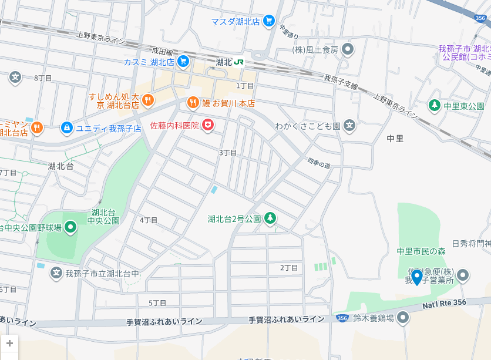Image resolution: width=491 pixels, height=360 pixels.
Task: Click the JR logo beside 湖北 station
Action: pyautogui.click(x=239, y=62)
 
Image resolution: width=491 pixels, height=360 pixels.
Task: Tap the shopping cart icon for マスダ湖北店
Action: pyautogui.click(x=269, y=21)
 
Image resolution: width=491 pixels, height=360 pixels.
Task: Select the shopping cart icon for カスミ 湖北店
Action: pyautogui.click(x=183, y=60)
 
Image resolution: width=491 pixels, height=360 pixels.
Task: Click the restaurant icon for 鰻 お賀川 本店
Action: pyautogui.click(x=193, y=103)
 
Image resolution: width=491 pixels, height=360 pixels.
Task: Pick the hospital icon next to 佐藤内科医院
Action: pyautogui.click(x=208, y=125)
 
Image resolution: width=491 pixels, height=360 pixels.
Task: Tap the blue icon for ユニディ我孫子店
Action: pyautogui.click(x=67, y=127)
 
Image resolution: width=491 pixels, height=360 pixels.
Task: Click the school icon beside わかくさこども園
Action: pyautogui.click(x=349, y=125)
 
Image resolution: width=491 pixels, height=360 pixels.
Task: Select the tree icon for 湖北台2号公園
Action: pyautogui.click(x=270, y=218)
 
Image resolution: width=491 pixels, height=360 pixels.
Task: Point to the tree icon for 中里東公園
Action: pyautogui.click(x=434, y=106)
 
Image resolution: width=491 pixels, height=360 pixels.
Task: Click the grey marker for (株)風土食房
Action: pyautogui.click(x=348, y=49)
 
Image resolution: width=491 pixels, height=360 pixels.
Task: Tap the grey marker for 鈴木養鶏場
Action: pyautogui.click(x=403, y=318)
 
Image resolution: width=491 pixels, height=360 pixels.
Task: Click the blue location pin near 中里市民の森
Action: pyautogui.click(x=417, y=276)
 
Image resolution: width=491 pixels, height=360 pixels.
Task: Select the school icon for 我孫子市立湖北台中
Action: pyautogui.click(x=56, y=272)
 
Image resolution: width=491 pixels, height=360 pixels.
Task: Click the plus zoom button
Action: pyautogui.click(x=9, y=343)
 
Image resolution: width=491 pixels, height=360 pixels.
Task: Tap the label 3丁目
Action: pyautogui.click(x=228, y=153)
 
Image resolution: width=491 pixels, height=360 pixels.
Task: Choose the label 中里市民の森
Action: pyautogui.click(x=421, y=251)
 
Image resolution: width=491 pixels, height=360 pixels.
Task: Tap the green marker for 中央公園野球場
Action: pyautogui.click(x=70, y=227)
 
